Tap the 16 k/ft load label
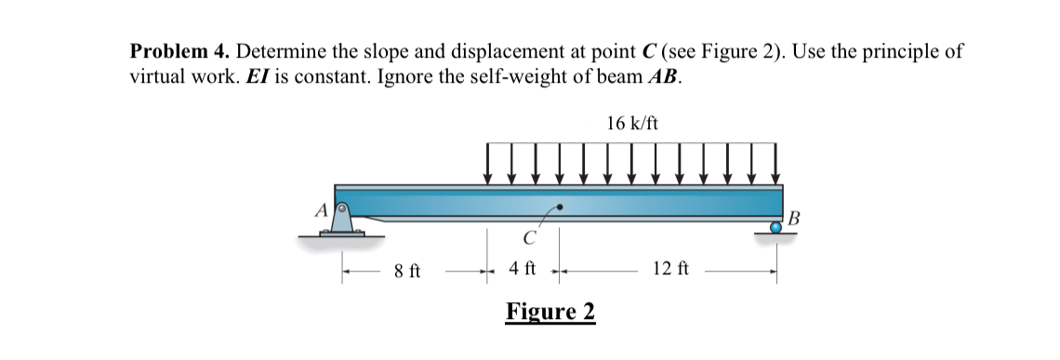coord(631,124)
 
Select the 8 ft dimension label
coord(406,272)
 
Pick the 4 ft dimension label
coord(523,270)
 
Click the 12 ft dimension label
coord(669,271)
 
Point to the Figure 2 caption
coord(550,312)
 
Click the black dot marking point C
coord(559,207)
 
